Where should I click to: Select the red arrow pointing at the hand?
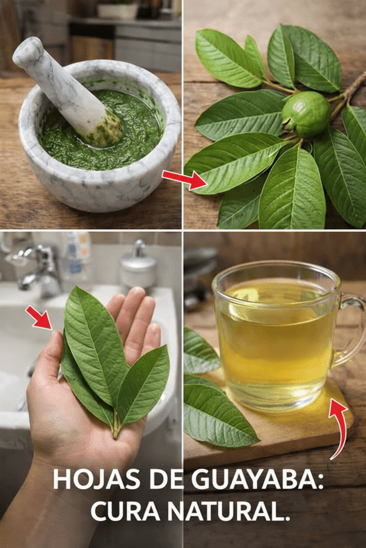pos(40,317)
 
